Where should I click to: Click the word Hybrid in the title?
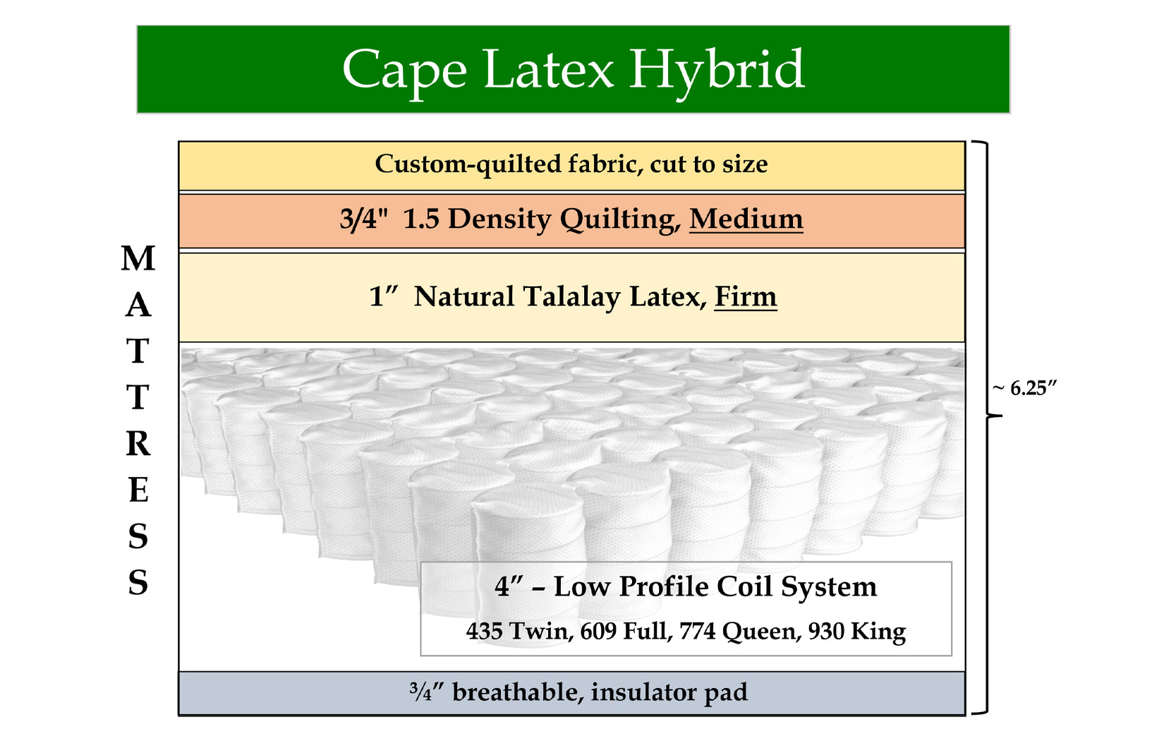(x=717, y=71)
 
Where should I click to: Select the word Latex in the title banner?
(x=548, y=70)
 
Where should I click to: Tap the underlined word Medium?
(x=746, y=218)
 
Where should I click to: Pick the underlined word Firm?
(x=746, y=296)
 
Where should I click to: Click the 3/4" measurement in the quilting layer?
(x=364, y=218)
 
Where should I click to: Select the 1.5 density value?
(x=421, y=218)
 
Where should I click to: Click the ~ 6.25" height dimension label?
(x=1024, y=388)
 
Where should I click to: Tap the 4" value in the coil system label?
(x=508, y=586)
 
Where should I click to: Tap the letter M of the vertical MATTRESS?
(x=138, y=258)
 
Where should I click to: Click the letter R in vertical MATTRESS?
(x=138, y=444)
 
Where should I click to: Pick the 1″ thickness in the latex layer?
(x=384, y=296)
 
